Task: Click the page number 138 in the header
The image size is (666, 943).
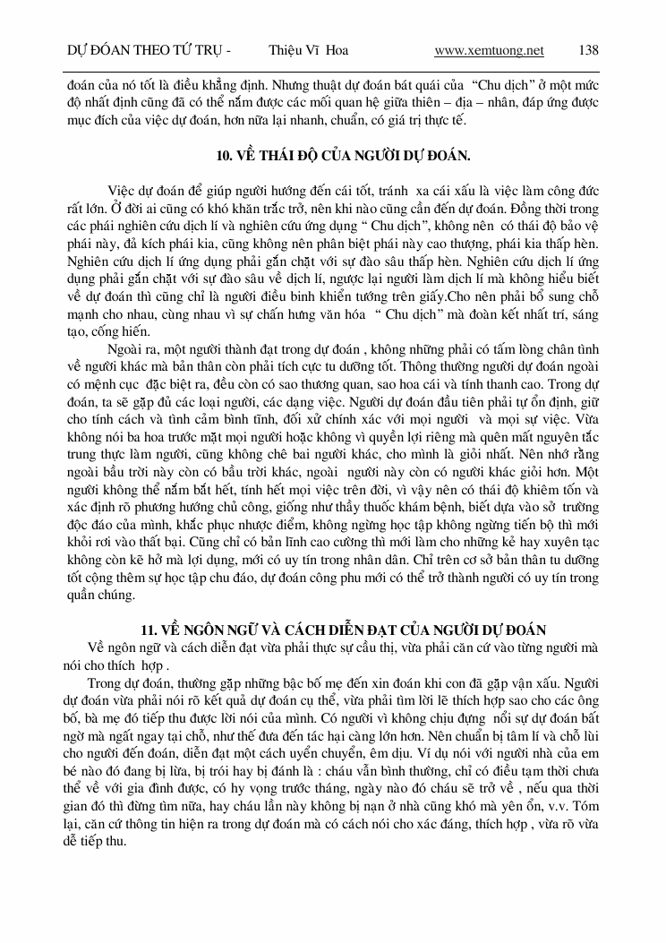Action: coord(589,50)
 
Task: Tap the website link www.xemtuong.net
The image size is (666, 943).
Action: coord(489,50)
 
